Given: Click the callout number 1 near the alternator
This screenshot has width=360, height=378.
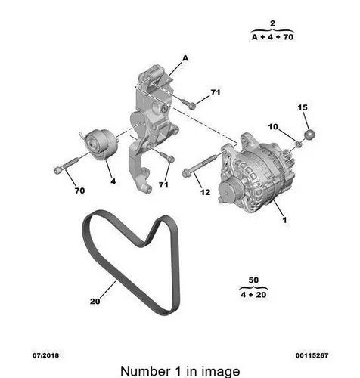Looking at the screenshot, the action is [284, 220].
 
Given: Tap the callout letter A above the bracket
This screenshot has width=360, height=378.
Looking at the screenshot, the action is [185, 58].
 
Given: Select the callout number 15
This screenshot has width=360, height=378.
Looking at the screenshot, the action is [303, 107].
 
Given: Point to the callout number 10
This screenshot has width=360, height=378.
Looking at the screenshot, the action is [273, 126].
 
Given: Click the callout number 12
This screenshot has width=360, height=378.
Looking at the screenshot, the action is [206, 192].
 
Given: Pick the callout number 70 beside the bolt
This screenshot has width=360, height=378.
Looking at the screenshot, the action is [79, 191].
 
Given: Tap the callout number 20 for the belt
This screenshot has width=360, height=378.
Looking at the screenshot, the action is [95, 301].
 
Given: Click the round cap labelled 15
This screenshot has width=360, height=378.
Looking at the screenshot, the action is [309, 135].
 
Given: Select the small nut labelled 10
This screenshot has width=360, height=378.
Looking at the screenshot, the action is [298, 144].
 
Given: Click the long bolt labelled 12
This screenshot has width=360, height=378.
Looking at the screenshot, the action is [200, 166].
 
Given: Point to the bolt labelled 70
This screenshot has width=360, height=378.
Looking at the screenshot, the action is [67, 165].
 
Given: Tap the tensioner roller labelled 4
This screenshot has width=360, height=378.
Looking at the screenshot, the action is [101, 144].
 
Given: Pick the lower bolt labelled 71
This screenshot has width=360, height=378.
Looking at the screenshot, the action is [167, 156].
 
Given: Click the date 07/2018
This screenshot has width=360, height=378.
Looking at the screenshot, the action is [45, 355].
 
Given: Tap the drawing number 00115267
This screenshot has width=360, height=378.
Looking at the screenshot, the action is [312, 355].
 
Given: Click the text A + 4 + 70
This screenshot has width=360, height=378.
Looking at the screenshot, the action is [272, 37].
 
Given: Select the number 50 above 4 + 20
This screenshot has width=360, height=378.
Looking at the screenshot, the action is [253, 280].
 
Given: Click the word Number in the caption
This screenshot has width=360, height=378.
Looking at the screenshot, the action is [145, 371].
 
